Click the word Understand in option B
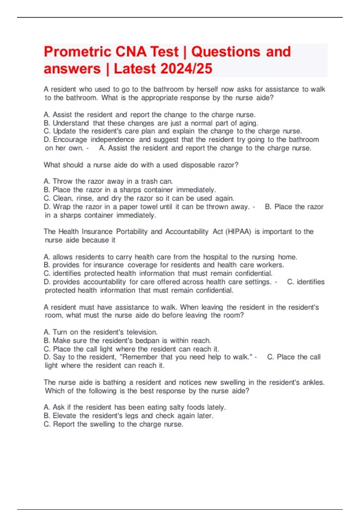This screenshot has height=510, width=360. [x=71, y=123]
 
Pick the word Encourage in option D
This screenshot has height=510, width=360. [x=70, y=139]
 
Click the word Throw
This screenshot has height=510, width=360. [x=62, y=181]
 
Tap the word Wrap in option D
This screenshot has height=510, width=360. [x=61, y=207]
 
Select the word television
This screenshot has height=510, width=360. [x=142, y=332]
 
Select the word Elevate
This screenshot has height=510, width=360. [x=64, y=416]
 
